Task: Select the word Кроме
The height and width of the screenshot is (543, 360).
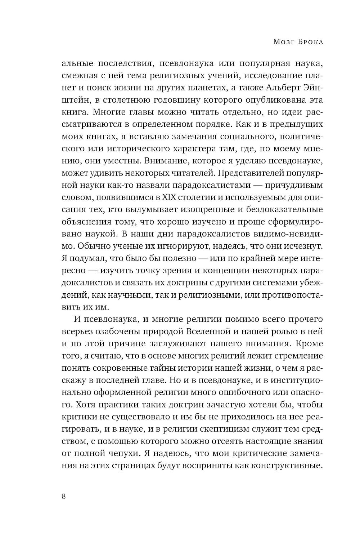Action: [x=309, y=344]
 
